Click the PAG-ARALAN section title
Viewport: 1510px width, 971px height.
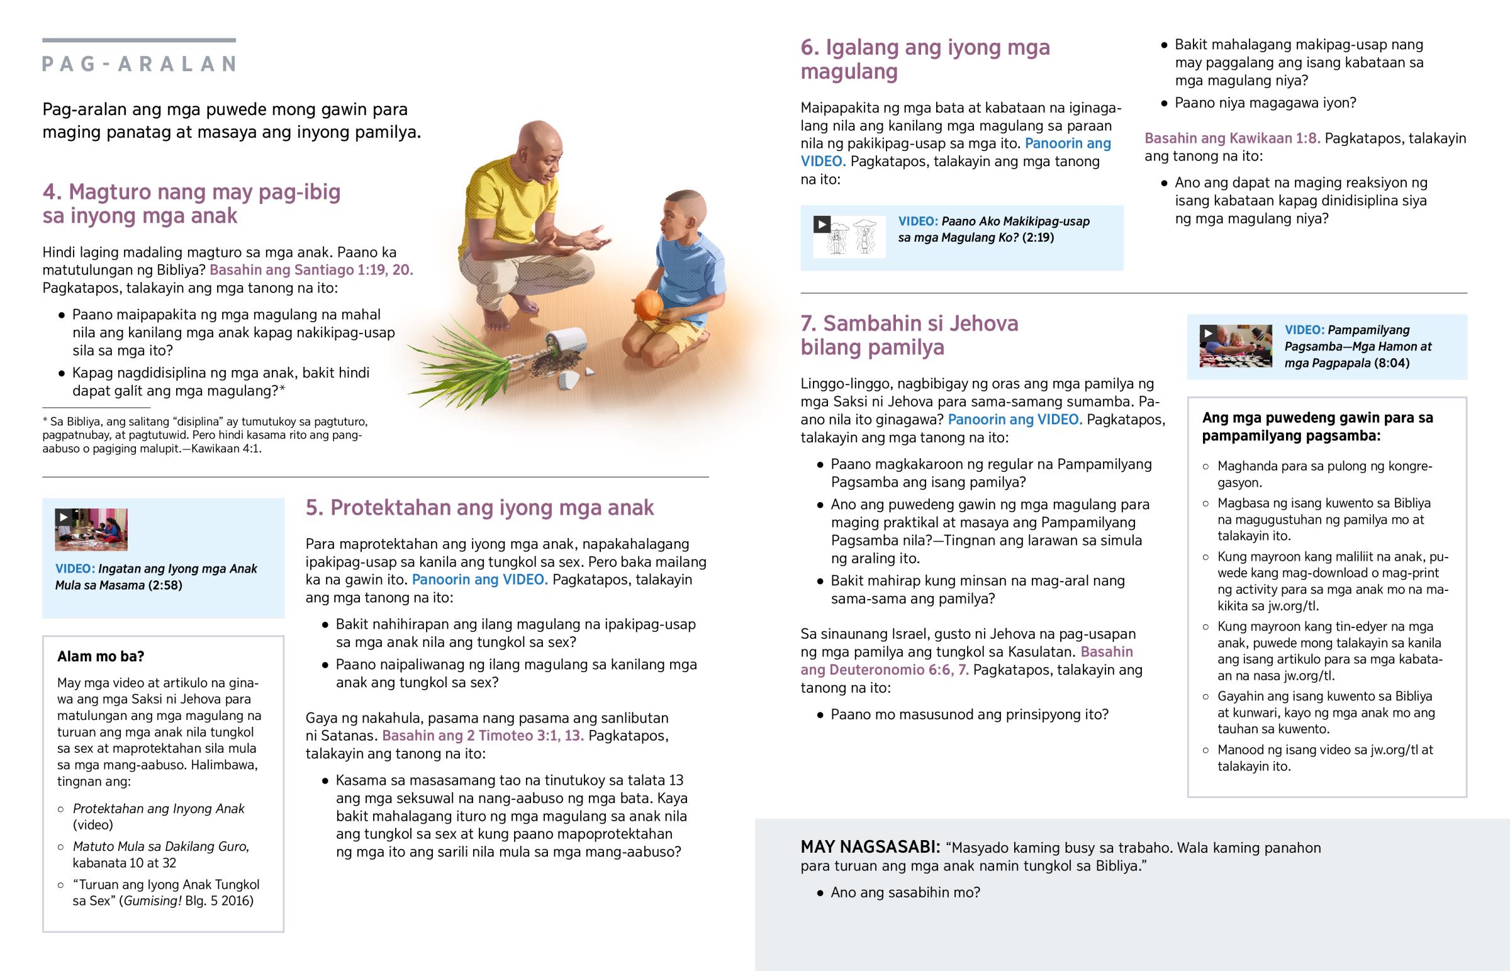point(138,64)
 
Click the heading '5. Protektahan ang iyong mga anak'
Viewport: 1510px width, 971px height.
point(479,508)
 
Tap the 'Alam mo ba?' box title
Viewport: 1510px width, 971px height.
point(101,656)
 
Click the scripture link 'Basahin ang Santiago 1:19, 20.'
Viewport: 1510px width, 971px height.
point(311,270)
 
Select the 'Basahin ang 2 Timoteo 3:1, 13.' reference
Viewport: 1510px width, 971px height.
point(483,736)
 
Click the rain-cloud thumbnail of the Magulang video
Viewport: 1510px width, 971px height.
point(849,237)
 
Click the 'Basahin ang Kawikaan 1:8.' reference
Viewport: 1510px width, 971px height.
point(1232,138)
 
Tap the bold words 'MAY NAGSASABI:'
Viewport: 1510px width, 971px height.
point(870,848)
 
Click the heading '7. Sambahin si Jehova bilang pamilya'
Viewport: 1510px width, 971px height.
point(909,335)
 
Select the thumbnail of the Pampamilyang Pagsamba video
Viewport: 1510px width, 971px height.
point(1235,345)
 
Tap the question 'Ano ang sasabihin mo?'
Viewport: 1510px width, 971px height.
point(905,892)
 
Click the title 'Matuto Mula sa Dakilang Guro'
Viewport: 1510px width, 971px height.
point(160,846)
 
